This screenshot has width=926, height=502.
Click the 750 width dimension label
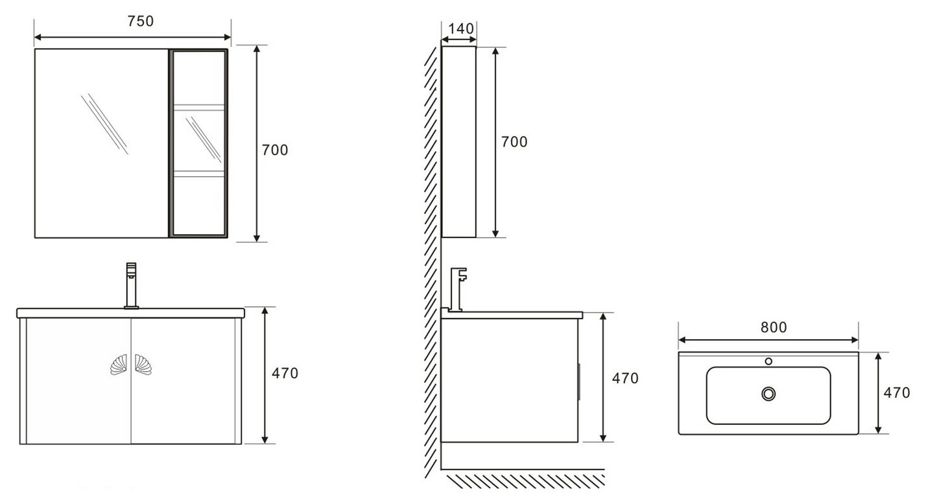click(x=140, y=21)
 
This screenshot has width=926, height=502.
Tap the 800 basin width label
click(x=774, y=328)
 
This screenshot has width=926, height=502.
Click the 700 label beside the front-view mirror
click(x=275, y=150)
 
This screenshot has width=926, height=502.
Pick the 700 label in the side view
click(x=514, y=142)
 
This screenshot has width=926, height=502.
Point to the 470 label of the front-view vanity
click(x=285, y=374)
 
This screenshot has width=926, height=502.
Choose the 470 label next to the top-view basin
click(x=897, y=393)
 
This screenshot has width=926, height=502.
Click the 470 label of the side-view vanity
click(x=625, y=378)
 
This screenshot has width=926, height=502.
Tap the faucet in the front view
click(x=131, y=285)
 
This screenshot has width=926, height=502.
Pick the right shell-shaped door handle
click(x=143, y=365)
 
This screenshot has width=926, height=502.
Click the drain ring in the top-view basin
click(x=768, y=394)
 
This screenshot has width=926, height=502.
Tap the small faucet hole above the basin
click(x=768, y=361)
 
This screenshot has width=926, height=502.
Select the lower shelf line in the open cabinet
click(x=198, y=174)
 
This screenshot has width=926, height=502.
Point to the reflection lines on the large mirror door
click(x=104, y=123)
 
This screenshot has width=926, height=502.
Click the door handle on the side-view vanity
click(x=578, y=381)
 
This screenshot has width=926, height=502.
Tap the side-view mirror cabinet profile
click(x=458, y=142)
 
